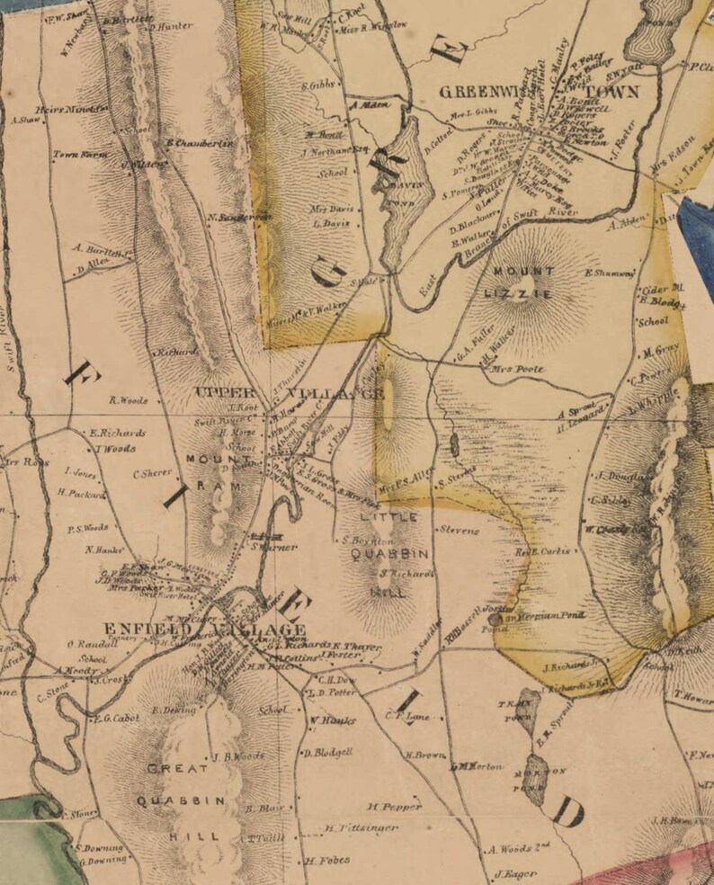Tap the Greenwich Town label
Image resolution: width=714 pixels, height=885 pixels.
539,92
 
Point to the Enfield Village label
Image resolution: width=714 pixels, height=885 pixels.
204,630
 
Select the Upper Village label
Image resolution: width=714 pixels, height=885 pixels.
290,394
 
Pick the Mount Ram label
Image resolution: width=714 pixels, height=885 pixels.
215,471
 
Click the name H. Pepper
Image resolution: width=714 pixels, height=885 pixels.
395,807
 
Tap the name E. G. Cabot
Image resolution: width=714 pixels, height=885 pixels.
117,717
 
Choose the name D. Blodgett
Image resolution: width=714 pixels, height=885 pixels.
329,752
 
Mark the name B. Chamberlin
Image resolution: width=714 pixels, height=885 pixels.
200,142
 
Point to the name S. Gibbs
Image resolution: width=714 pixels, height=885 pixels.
317,84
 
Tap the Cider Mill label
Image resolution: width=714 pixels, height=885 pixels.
664,289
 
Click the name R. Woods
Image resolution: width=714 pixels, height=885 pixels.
128,401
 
